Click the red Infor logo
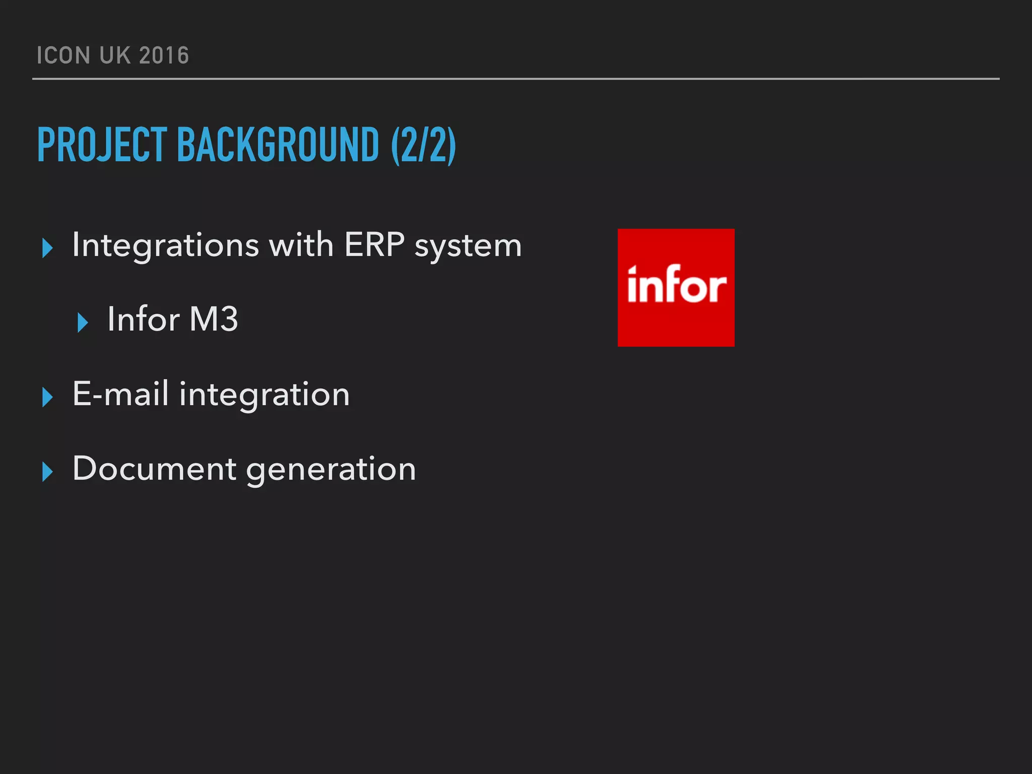tap(676, 287)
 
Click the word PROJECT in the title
tap(102, 145)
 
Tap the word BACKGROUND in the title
tap(278, 145)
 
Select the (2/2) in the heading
tap(423, 145)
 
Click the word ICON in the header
tap(63, 55)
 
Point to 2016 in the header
tap(164, 55)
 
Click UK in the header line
tap(115, 55)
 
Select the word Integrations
tap(165, 245)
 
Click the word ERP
tap(374, 245)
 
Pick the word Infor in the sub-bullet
tap(143, 319)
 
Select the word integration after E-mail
tap(264, 395)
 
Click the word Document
tap(154, 469)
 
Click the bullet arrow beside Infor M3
tap(83, 322)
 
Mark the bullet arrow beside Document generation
tap(47, 471)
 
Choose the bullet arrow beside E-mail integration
tap(47, 397)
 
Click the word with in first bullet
tap(301, 245)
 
